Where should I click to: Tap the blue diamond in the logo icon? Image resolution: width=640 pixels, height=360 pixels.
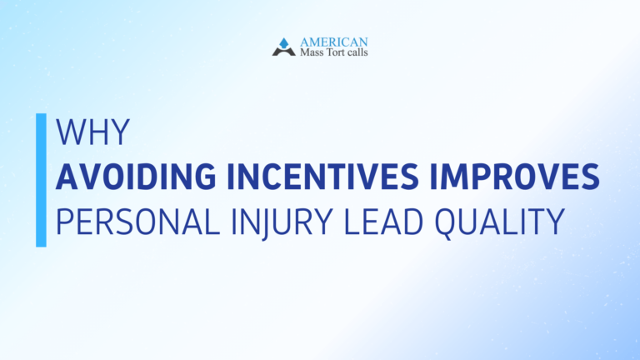coord(284,42)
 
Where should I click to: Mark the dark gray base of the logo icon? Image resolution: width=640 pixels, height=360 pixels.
coord(284,52)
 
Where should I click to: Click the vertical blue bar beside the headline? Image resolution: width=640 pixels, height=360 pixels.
coord(41,180)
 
